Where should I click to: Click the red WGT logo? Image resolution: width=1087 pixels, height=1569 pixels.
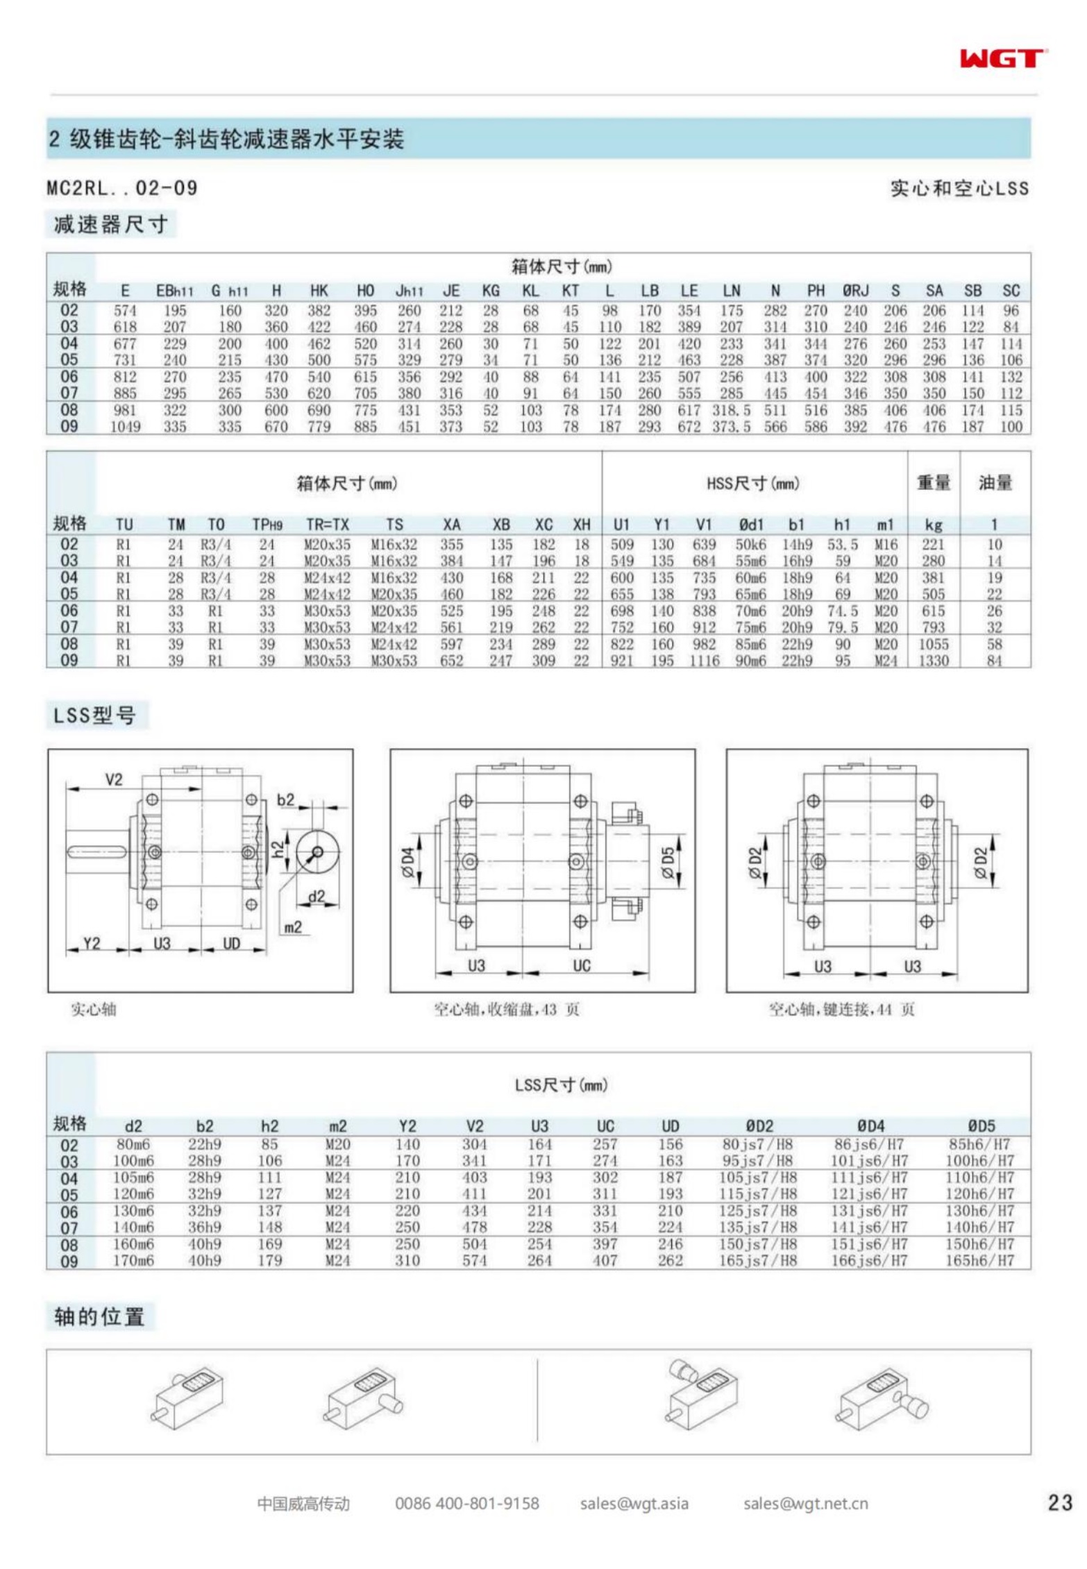pyautogui.click(x=1003, y=58)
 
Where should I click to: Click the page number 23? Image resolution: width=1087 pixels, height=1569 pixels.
pyautogui.click(x=1060, y=1502)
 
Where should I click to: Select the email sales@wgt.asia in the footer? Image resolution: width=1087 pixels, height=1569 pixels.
pyautogui.click(x=634, y=1503)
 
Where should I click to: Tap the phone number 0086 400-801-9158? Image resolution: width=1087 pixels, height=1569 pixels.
pyautogui.click(x=467, y=1503)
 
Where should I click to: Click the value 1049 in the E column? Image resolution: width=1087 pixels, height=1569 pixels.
pyautogui.click(x=125, y=427)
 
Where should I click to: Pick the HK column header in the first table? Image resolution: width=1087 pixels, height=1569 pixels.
pyautogui.click(x=319, y=291)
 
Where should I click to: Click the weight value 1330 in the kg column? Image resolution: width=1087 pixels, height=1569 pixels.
pyautogui.click(x=933, y=661)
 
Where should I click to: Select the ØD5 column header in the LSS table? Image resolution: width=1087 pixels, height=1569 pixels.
pyautogui.click(x=981, y=1126)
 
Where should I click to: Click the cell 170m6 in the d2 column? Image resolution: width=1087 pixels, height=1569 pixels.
pyautogui.click(x=133, y=1260)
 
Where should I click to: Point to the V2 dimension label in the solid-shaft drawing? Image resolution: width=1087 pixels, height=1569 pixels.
pyautogui.click(x=114, y=779)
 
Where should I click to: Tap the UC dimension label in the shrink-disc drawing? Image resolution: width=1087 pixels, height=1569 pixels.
pyautogui.click(x=582, y=965)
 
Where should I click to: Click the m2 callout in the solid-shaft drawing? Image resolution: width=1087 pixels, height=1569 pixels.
pyautogui.click(x=293, y=927)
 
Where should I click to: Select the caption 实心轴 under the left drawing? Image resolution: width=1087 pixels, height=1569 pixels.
pyautogui.click(x=94, y=1009)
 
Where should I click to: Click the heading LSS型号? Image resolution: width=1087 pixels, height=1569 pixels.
pyautogui.click(x=95, y=715)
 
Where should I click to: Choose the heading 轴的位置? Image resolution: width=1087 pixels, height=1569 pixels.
pyautogui.click(x=99, y=1316)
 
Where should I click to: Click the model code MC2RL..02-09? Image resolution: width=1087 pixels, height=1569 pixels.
pyautogui.click(x=122, y=188)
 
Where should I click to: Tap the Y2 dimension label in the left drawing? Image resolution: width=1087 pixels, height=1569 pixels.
pyautogui.click(x=92, y=943)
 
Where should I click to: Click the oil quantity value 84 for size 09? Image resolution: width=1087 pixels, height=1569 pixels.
pyautogui.click(x=994, y=661)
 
